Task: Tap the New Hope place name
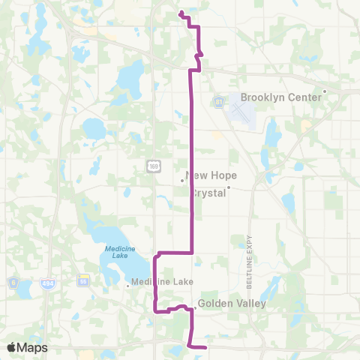(x=211, y=175)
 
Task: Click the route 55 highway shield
(x=83, y=280)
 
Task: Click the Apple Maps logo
(x=26, y=347)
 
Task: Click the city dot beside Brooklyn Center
(x=324, y=92)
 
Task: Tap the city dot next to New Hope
(x=182, y=180)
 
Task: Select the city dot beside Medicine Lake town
(x=127, y=284)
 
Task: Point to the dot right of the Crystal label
(x=229, y=188)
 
